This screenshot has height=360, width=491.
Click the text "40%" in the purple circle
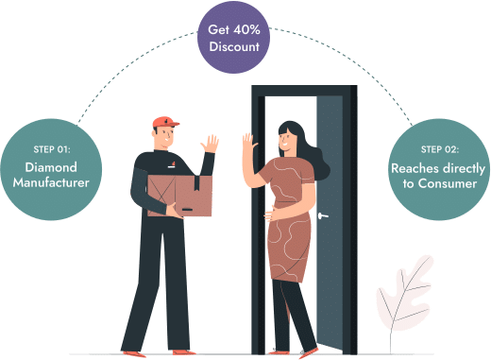tap(246, 29)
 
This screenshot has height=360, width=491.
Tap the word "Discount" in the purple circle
tap(234, 46)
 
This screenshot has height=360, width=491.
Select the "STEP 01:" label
tap(52, 149)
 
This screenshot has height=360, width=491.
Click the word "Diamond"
tap(51, 167)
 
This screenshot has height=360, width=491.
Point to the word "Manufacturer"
tap(51, 182)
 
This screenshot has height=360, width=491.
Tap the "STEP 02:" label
tap(440, 149)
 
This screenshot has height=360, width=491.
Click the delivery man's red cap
tap(165, 122)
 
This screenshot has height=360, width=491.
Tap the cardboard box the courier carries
tap(179, 196)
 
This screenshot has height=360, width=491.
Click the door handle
tap(323, 215)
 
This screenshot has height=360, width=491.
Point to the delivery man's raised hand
tap(210, 144)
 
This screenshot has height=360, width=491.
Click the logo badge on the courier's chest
tap(172, 164)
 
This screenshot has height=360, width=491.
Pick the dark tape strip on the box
tap(196, 183)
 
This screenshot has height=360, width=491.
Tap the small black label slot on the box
tap(187, 210)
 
